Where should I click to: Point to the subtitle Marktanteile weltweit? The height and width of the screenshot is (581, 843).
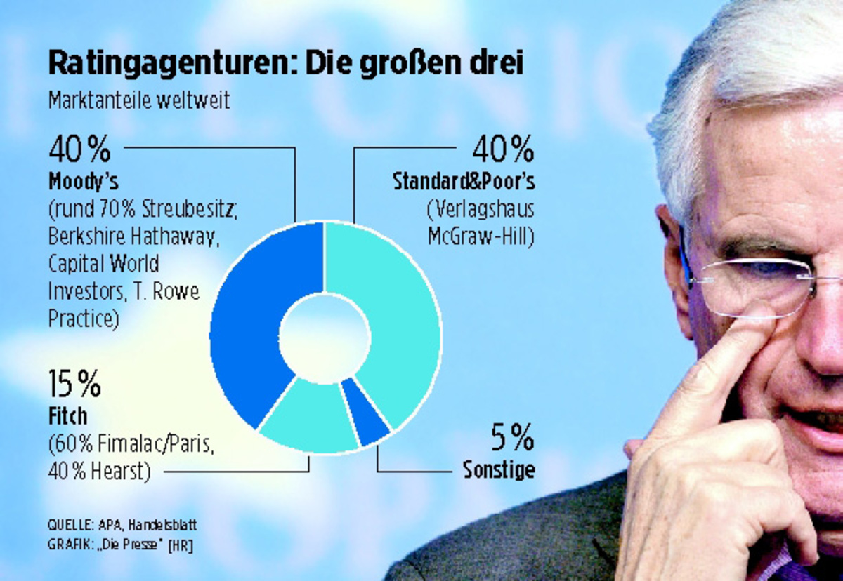pyautogui.click(x=139, y=100)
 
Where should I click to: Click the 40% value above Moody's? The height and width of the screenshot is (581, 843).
pyautogui.click(x=79, y=149)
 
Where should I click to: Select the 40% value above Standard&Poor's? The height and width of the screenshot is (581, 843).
pyautogui.click(x=503, y=149)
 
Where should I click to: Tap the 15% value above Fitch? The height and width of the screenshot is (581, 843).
pyautogui.click(x=74, y=384)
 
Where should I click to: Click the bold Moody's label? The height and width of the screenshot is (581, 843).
pyautogui.click(x=83, y=182)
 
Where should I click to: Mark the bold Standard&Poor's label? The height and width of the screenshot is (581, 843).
pyautogui.click(x=464, y=182)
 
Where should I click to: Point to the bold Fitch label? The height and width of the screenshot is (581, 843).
pyautogui.click(x=68, y=416)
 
